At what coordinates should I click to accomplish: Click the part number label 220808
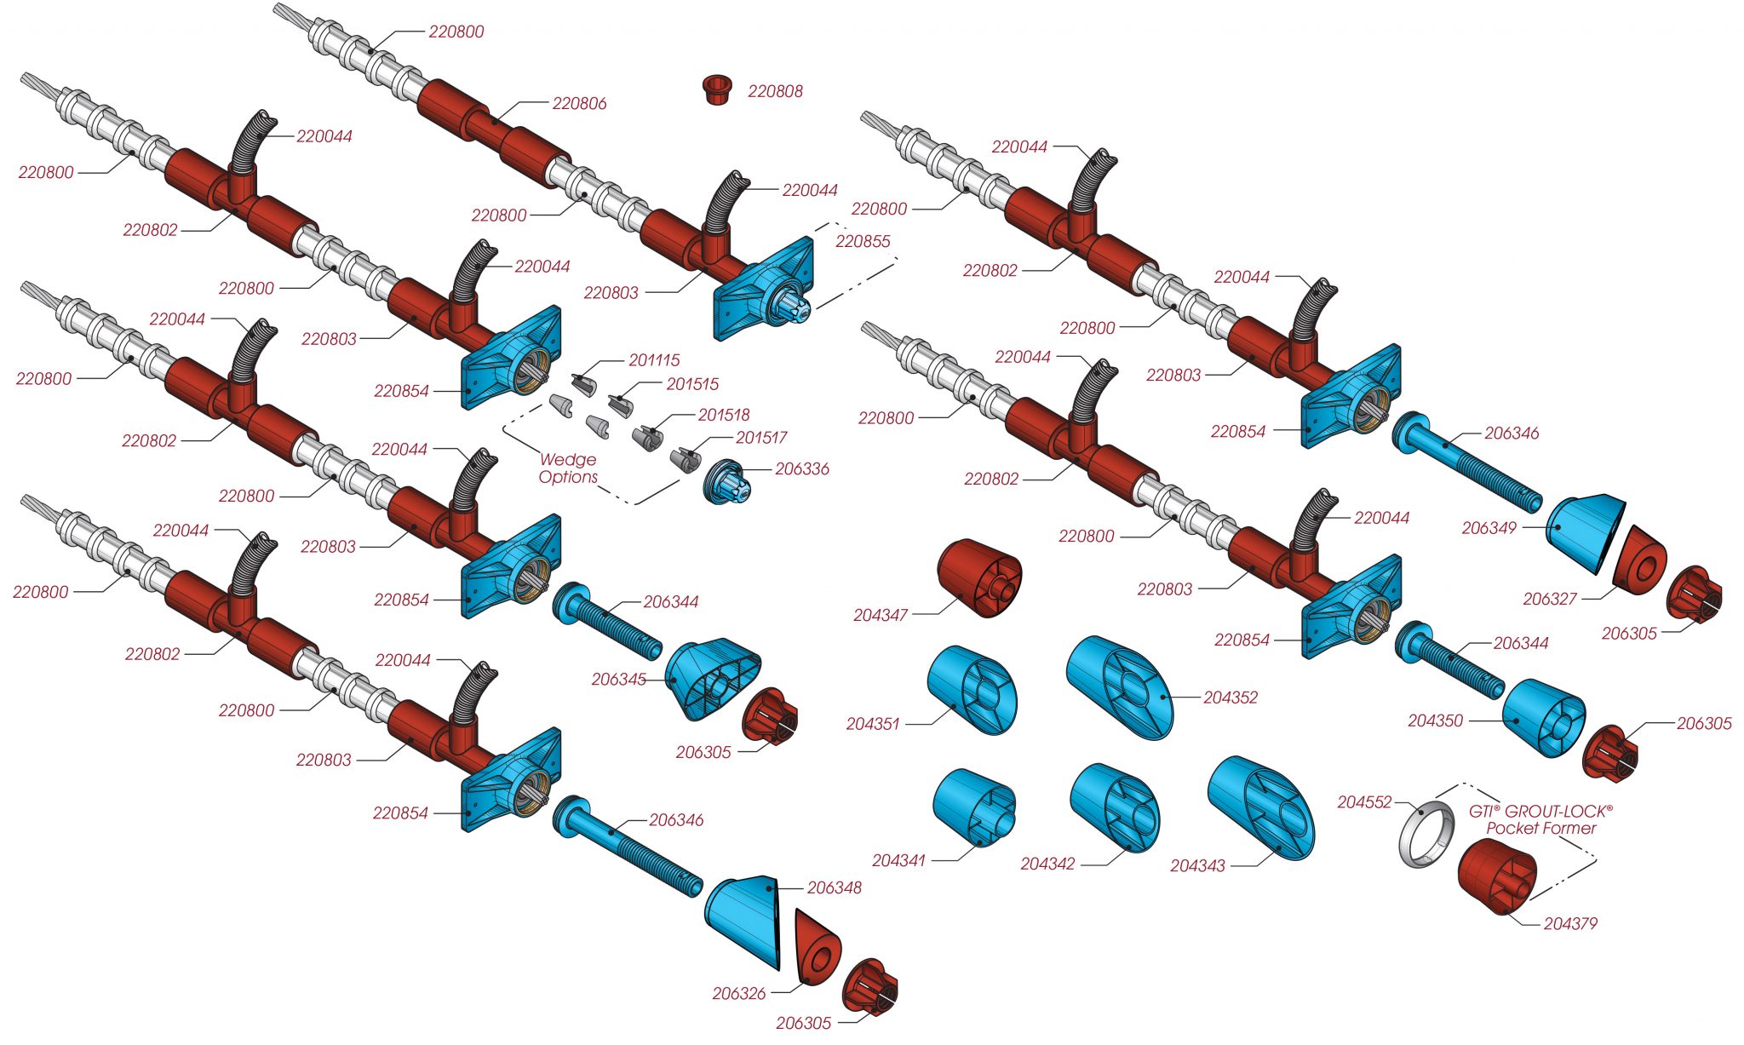click(x=775, y=91)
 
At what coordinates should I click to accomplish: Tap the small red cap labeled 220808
click(x=717, y=89)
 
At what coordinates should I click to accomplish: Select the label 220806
click(x=579, y=104)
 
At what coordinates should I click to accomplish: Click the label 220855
click(x=863, y=242)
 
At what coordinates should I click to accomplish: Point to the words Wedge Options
click(x=568, y=468)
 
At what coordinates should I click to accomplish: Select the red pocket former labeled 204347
click(x=979, y=577)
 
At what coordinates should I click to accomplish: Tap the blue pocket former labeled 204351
click(x=972, y=690)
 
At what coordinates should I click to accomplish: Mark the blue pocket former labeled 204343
click(x=1261, y=807)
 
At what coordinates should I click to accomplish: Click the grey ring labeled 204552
click(x=1426, y=834)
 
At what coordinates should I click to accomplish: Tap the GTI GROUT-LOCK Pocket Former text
click(x=1540, y=820)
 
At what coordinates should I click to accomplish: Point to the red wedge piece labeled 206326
click(x=817, y=947)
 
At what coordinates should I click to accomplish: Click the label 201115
click(x=654, y=361)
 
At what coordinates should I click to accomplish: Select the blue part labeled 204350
click(x=1543, y=718)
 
